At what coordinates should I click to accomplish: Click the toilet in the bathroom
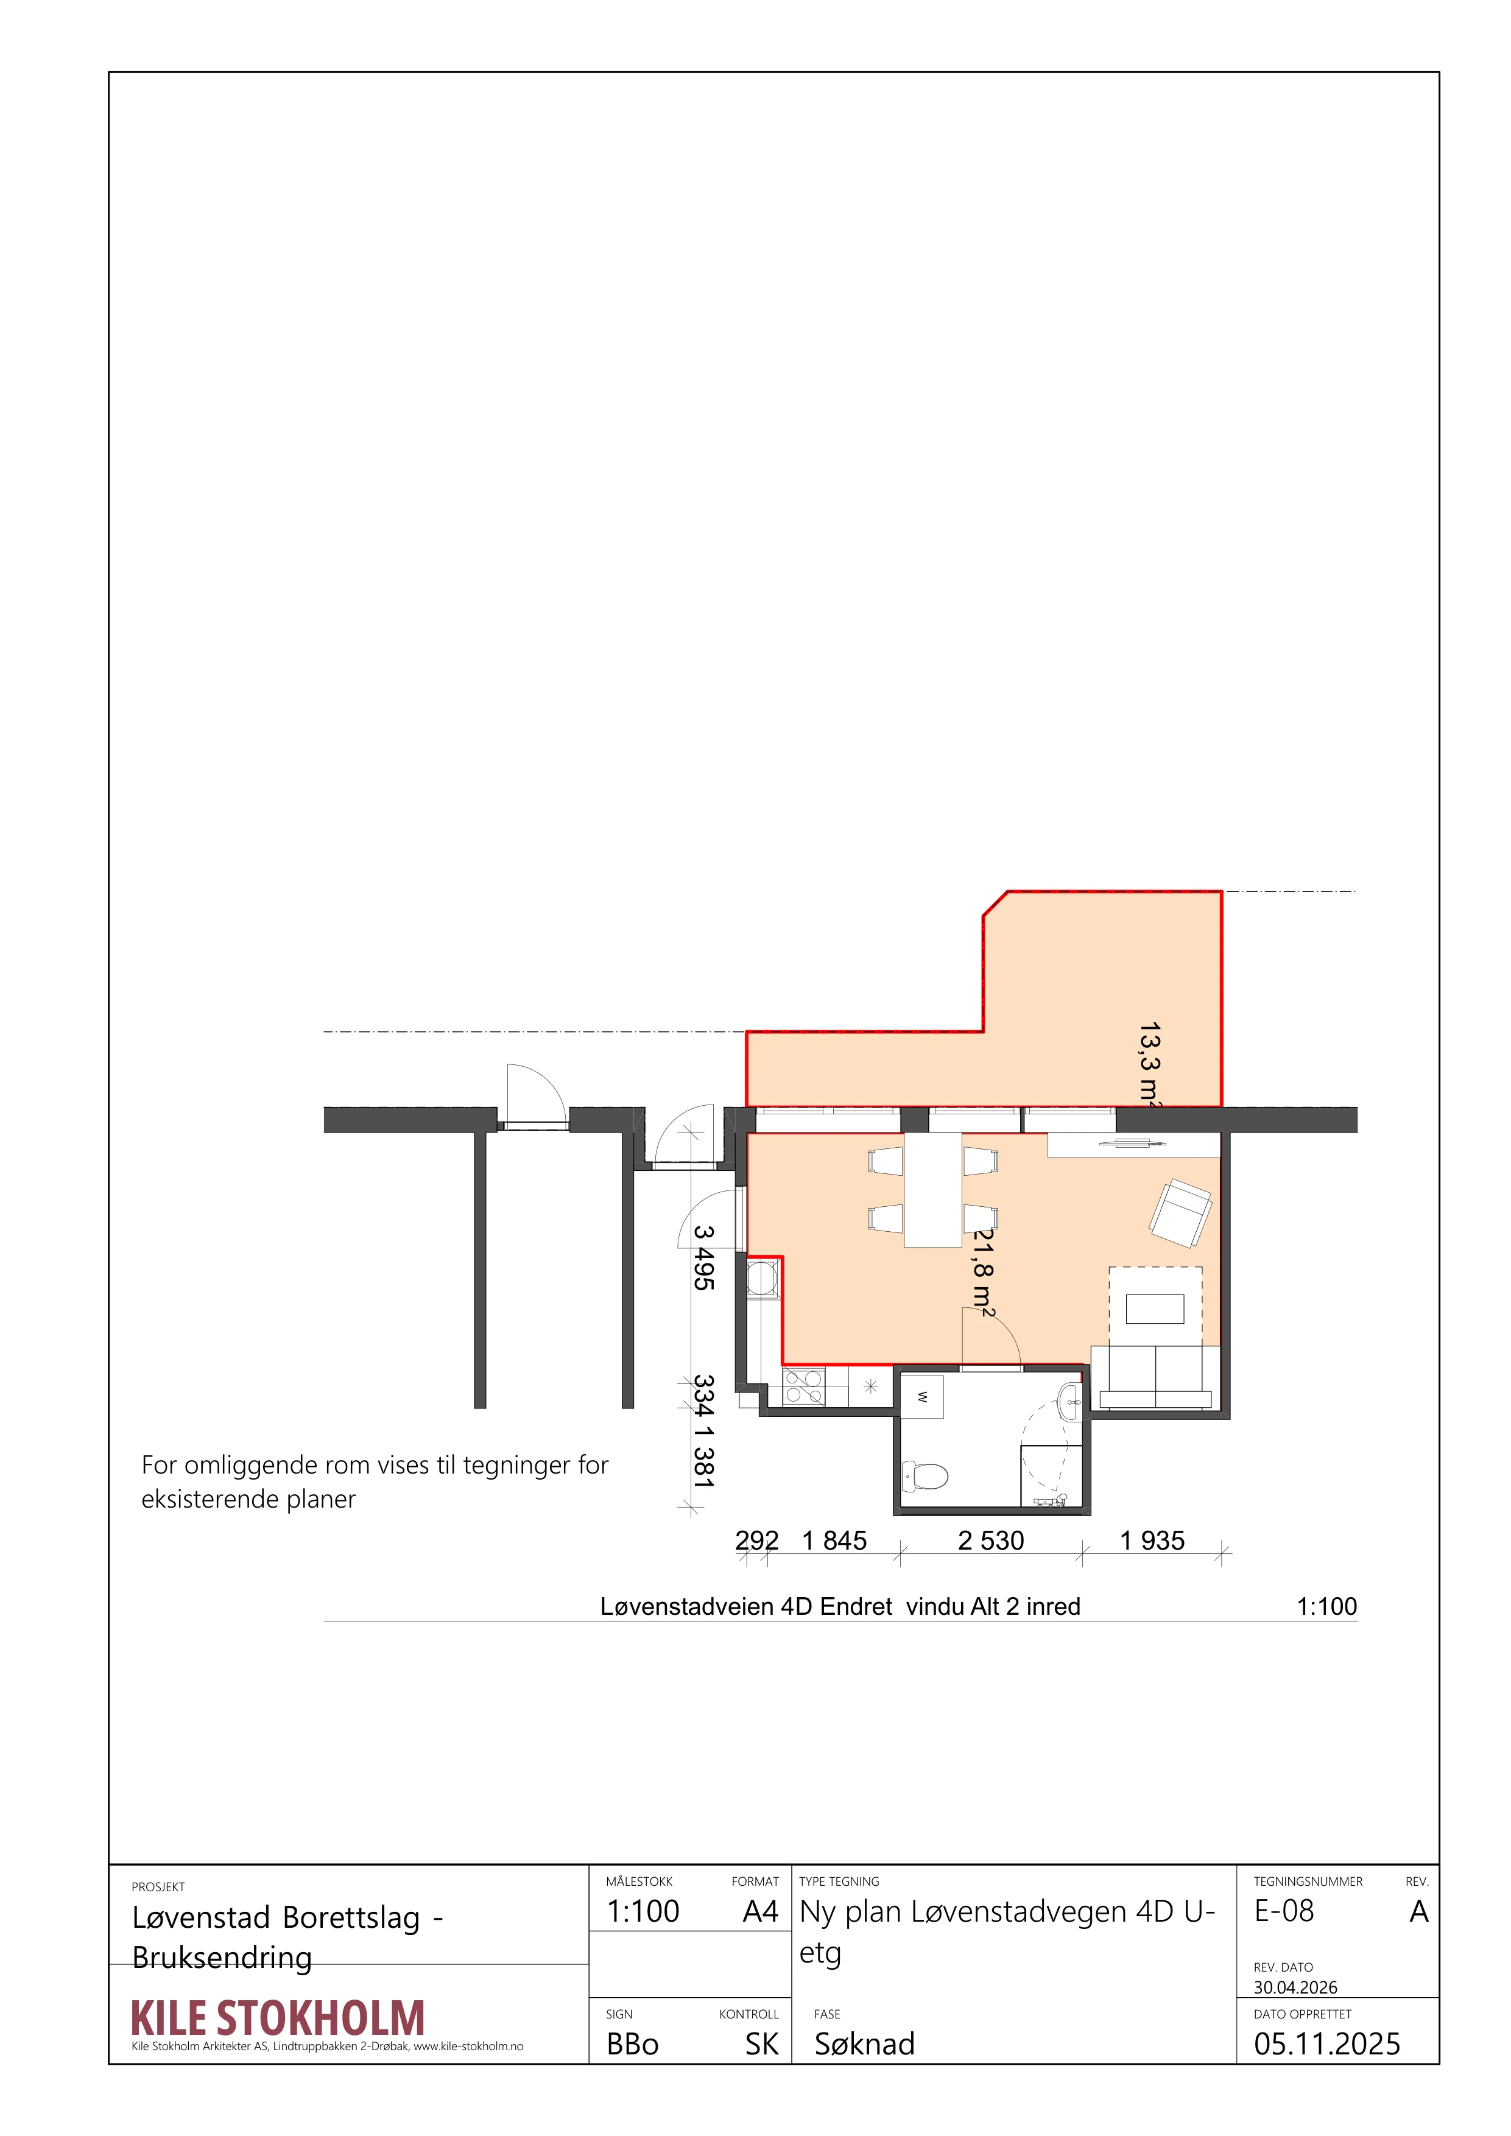(x=925, y=1475)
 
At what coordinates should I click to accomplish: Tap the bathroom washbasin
(x=1070, y=1402)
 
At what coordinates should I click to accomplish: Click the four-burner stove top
(x=803, y=1386)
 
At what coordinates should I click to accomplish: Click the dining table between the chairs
(x=933, y=1190)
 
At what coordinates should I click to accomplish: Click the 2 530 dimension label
(x=991, y=1541)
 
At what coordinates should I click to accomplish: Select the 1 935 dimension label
(x=1152, y=1541)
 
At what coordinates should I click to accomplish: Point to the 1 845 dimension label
(x=834, y=1541)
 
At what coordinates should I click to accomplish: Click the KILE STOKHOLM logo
(x=278, y=2018)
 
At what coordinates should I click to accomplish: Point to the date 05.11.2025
(x=1327, y=2044)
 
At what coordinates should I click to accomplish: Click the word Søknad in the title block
(x=864, y=2044)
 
